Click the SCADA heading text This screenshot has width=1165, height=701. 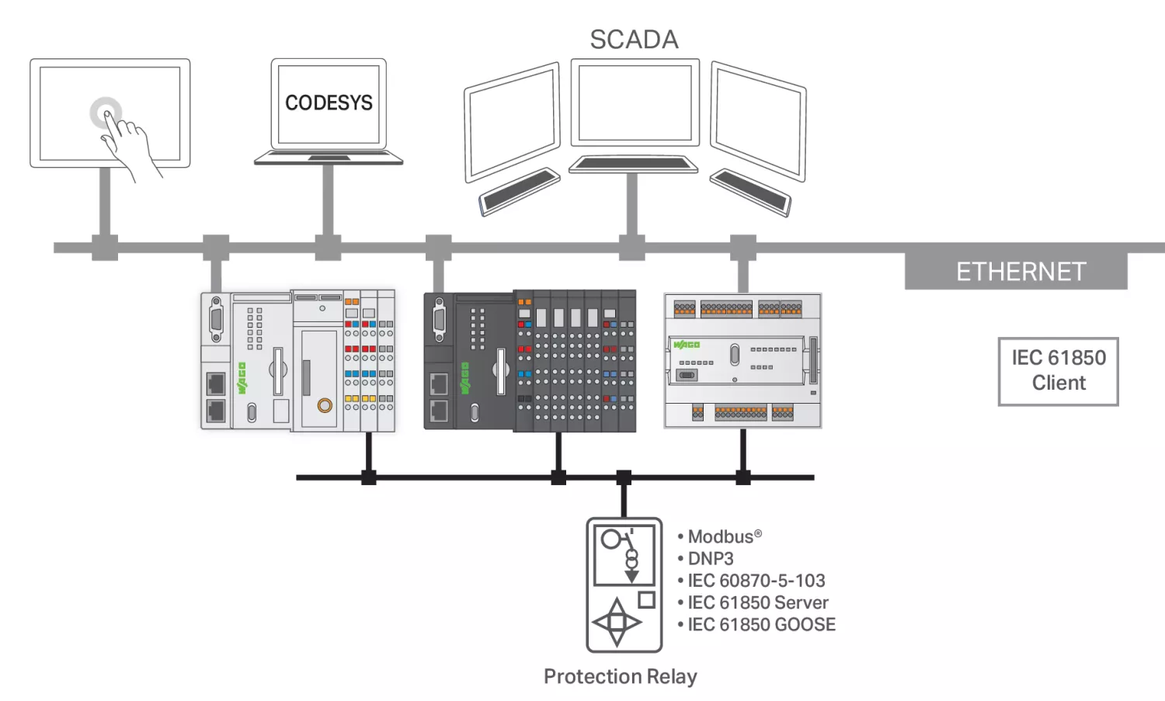coord(634,40)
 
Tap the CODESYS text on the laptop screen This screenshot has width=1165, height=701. coord(329,102)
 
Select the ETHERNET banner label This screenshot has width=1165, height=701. coord(1021,272)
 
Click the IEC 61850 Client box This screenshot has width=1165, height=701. coord(1058,371)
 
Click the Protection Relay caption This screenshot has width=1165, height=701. coord(620,676)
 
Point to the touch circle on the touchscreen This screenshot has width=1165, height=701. coord(106,113)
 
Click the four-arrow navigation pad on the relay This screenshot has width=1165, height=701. coord(617,622)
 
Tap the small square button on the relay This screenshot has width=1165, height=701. coord(646,599)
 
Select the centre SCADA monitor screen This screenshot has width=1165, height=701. coord(635,102)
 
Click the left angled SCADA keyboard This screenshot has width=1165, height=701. coord(520,190)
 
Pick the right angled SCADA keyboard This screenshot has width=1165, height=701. coord(750,191)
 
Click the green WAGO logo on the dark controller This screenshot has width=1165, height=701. coord(465,377)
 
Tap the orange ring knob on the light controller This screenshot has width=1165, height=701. coord(325,404)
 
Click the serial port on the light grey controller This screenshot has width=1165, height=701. coord(216,319)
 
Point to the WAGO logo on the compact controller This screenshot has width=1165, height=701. coord(687,344)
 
